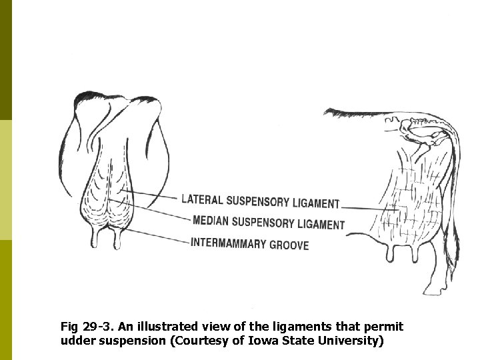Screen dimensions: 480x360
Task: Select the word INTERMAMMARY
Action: (228, 243)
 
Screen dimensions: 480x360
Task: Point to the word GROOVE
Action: (289, 245)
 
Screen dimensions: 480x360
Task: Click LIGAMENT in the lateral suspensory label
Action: (315, 203)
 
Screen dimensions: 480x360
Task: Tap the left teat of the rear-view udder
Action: (97, 238)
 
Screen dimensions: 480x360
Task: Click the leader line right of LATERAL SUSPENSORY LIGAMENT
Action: (363, 207)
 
